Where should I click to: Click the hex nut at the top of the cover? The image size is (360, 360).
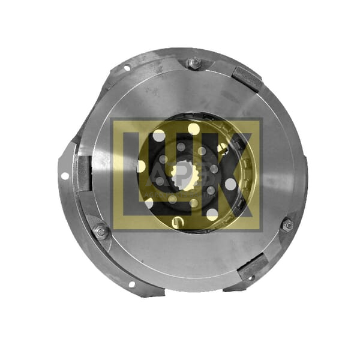pos(193,63)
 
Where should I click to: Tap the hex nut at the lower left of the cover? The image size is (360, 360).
pos(101,230)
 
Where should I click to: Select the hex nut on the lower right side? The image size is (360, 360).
pos(287,224)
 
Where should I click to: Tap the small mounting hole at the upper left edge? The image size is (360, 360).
pos(127,68)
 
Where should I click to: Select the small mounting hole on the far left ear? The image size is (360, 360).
pos(64,176)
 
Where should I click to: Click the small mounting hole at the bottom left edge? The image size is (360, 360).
pos(131,284)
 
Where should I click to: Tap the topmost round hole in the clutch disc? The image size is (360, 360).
pos(193,129)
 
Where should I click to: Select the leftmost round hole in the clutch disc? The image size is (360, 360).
pos(142,166)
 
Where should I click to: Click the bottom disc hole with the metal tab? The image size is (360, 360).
pos(176,223)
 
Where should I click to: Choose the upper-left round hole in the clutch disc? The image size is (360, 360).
pos(159,136)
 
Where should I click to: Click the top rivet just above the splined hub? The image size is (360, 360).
pos(181,147)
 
